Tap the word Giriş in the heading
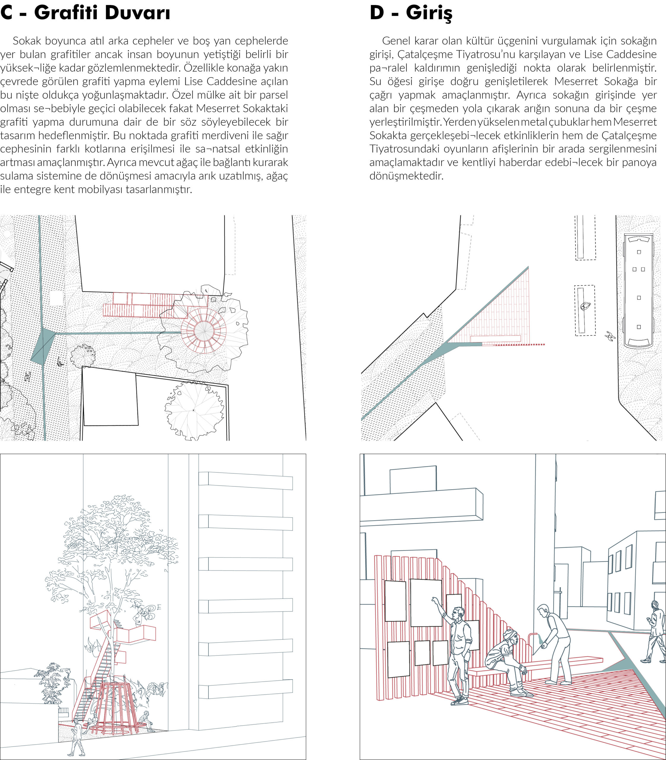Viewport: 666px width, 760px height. coord(429,14)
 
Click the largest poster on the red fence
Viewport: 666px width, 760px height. coord(426,602)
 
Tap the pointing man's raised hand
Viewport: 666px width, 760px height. coord(434,600)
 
